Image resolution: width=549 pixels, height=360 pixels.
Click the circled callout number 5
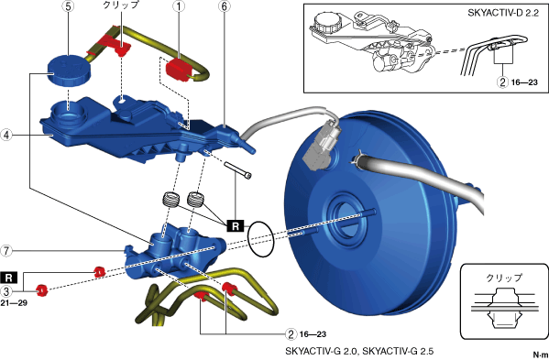click(x=68, y=6)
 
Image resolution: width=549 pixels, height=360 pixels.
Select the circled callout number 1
click(x=179, y=6)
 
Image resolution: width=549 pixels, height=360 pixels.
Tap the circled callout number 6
click(x=225, y=6)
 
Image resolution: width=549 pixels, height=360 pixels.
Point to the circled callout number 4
click(x=6, y=135)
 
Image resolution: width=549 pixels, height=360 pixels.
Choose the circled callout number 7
click(x=6, y=251)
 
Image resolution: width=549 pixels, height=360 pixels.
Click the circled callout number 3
click(x=6, y=290)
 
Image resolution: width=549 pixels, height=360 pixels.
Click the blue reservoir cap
click(x=69, y=70)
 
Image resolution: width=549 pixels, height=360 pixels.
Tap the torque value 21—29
click(x=14, y=303)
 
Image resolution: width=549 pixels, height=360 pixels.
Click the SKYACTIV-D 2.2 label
click(x=503, y=14)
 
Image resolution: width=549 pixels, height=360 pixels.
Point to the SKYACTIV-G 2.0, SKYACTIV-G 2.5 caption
click(x=359, y=351)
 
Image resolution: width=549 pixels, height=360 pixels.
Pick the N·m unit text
click(x=541, y=355)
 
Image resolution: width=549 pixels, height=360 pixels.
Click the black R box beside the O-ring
click(x=236, y=226)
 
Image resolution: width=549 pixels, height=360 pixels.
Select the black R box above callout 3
click(x=9, y=278)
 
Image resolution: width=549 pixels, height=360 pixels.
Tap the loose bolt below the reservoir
click(x=237, y=170)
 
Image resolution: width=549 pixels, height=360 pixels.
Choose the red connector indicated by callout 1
click(x=178, y=70)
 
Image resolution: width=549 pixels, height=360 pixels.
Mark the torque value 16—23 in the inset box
click(x=524, y=82)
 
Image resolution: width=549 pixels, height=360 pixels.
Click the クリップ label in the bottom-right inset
click(x=504, y=278)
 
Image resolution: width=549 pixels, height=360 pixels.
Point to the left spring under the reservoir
click(x=171, y=200)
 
